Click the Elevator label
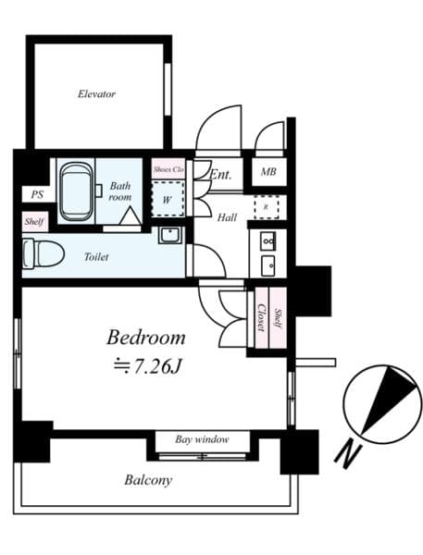pos(96,94)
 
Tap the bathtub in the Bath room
pos(77,191)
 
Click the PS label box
pos(37,195)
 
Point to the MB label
pos(267,173)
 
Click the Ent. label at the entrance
pos(221,174)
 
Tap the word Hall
pos(227,218)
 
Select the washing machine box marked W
pos(168,198)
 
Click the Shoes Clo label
pos(168,170)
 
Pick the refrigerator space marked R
pos(267,207)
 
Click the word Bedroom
pos(145,337)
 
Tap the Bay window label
pos(201,439)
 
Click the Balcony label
pos(148,480)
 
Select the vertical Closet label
pos(262,320)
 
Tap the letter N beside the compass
pos(347,453)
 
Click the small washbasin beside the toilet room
pos(169,235)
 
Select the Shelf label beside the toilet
pos(34,222)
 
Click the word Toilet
pos(96,256)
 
